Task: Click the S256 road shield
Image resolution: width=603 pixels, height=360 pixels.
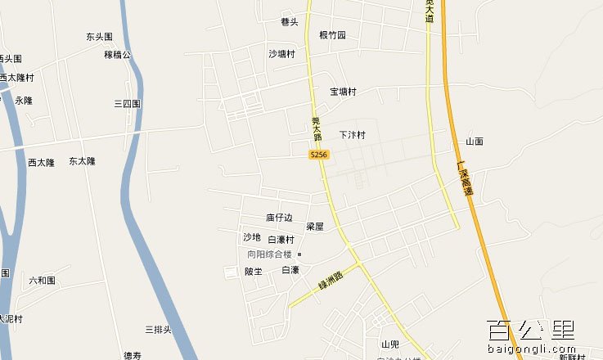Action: [x=319, y=155]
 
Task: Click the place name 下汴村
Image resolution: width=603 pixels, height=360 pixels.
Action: [x=352, y=135]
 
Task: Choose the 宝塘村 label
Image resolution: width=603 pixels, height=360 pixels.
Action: [x=343, y=92]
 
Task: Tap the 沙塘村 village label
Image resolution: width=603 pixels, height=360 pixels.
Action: [x=281, y=54]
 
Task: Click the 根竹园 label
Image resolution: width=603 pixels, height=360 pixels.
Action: [x=332, y=35]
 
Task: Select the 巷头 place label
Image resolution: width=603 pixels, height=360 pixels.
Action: [x=289, y=22]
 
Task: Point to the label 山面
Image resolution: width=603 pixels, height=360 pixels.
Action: [x=475, y=142]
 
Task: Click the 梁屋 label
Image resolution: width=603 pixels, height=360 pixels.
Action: [x=315, y=226]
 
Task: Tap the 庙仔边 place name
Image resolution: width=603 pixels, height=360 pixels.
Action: [x=279, y=218]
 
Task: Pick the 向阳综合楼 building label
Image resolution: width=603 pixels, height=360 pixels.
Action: [x=270, y=254]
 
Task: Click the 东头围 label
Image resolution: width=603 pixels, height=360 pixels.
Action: [x=99, y=37]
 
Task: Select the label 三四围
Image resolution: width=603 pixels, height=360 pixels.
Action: [x=128, y=104]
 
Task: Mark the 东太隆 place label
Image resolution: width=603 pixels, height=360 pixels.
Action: [x=82, y=161]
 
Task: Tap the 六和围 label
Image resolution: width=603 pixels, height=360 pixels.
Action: [x=42, y=280]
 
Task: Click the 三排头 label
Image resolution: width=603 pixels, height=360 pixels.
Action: [x=158, y=330]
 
